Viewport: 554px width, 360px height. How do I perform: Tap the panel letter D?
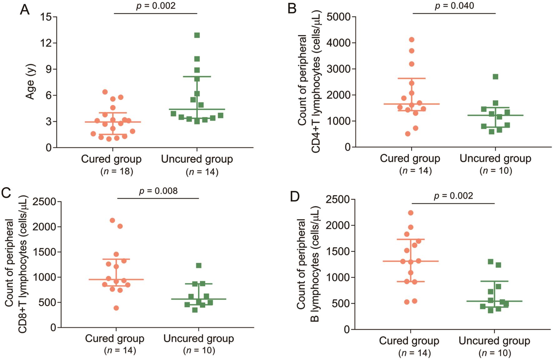coord(295,197)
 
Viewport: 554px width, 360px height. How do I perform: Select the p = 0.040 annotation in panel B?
coord(454,6)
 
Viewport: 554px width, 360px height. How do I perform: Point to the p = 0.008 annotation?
coord(158,191)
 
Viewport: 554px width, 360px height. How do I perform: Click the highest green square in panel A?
coord(197,35)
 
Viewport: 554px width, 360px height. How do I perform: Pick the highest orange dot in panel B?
coord(412,40)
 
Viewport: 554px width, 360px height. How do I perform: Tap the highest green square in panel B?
coord(496,77)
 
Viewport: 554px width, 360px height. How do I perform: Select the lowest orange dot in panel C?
coord(116,308)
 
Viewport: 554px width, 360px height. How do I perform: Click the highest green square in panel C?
coord(199,266)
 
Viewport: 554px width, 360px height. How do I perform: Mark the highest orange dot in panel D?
coord(411,213)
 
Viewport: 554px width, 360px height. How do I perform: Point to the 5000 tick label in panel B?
coord(339,17)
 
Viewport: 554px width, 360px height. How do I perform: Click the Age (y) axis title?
coord(30,82)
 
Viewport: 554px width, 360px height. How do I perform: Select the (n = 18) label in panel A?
coord(117,171)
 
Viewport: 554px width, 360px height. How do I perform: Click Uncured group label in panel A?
coord(197,159)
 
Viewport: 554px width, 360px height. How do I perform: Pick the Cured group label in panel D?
coord(409,341)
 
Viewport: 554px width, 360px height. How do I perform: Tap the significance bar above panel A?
coord(155,13)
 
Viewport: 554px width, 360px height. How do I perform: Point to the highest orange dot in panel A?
coord(105,92)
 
